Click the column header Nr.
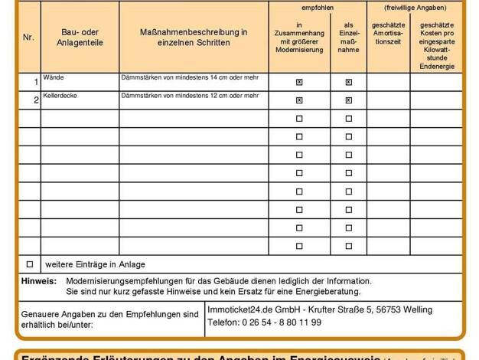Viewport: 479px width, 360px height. coord(28,37)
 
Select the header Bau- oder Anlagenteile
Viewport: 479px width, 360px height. coord(80,37)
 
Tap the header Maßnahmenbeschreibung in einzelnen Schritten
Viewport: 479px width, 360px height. coord(193,37)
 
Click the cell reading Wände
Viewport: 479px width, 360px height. coord(54,78)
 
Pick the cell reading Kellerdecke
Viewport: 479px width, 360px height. coord(60,97)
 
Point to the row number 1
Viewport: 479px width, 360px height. coord(35,82)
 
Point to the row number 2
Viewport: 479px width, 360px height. coord(35,100)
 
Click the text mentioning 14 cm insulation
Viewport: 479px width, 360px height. coord(189,78)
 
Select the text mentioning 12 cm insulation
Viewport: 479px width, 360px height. coord(189,97)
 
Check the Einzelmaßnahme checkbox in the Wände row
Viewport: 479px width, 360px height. coord(349,82)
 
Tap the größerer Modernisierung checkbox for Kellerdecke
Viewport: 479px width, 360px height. coord(299,100)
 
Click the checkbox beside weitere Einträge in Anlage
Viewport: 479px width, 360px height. coord(30,263)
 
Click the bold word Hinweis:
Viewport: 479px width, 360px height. coord(39,281)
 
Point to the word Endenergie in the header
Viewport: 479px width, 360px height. coord(436,67)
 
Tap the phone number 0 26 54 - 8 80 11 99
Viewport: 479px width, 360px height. coord(264,322)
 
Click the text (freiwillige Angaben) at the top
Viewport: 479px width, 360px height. coord(415,7)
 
